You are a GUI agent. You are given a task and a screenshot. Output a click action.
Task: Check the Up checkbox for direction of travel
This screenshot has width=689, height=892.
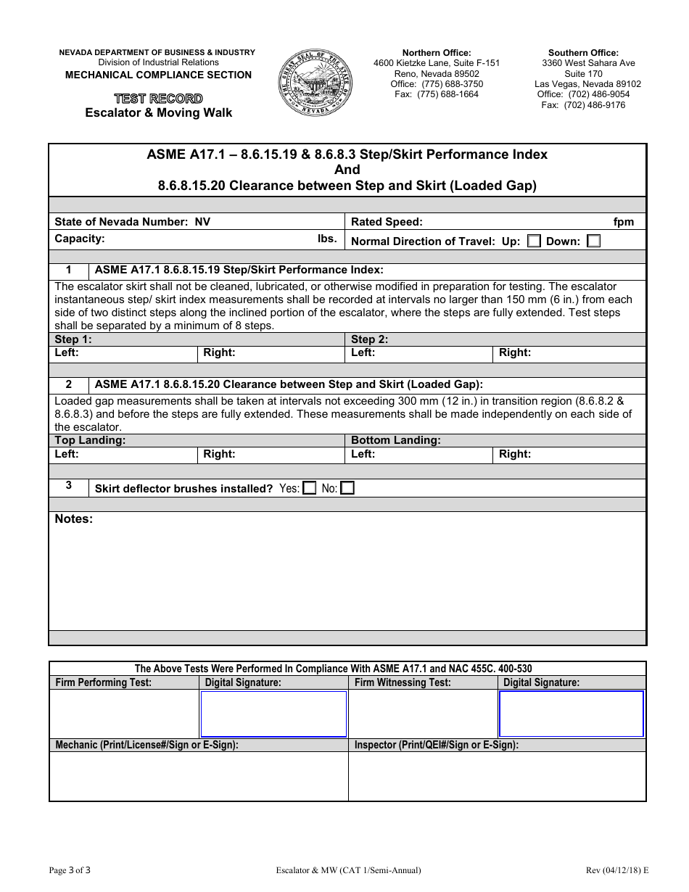[534, 241]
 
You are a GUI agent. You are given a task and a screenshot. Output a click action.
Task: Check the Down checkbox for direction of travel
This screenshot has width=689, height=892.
[593, 241]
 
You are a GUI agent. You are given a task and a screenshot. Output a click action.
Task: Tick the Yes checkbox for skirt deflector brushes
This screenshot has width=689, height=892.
[310, 488]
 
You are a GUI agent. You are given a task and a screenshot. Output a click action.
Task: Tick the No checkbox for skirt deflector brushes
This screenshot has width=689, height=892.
[347, 488]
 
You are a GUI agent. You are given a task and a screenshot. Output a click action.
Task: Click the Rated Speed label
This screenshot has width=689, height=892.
[387, 222]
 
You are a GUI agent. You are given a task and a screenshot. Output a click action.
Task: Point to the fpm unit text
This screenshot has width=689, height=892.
[623, 222]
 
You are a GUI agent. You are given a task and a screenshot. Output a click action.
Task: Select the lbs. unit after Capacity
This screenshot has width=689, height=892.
[327, 239]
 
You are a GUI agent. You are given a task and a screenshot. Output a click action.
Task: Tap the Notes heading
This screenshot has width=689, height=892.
[74, 519]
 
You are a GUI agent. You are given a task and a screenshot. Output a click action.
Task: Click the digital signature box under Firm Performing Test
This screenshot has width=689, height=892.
[273, 714]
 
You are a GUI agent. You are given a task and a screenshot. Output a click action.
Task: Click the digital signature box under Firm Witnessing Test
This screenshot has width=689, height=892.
[571, 714]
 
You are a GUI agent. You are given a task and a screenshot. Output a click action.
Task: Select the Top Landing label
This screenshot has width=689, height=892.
[91, 440]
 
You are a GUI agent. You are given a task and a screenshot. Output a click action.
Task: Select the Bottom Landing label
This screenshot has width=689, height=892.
[395, 440]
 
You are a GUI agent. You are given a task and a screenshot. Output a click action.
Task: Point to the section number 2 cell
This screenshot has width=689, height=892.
[68, 384]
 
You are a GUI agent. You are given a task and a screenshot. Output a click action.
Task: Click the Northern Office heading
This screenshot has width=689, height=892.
[437, 53]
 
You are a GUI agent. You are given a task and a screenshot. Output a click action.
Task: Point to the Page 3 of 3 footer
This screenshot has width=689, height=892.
[70, 870]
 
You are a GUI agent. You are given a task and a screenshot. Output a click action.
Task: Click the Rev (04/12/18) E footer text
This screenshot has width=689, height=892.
[617, 870]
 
